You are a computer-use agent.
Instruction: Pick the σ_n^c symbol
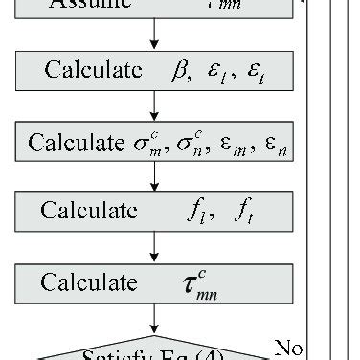(188, 142)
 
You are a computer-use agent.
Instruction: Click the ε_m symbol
(226, 144)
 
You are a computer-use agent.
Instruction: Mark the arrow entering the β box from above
(153, 37)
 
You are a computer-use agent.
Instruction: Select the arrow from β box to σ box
(153, 107)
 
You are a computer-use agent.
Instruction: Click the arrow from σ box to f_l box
(153, 178)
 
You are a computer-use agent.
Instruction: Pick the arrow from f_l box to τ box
(153, 249)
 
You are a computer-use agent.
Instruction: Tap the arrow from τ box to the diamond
(153, 320)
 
